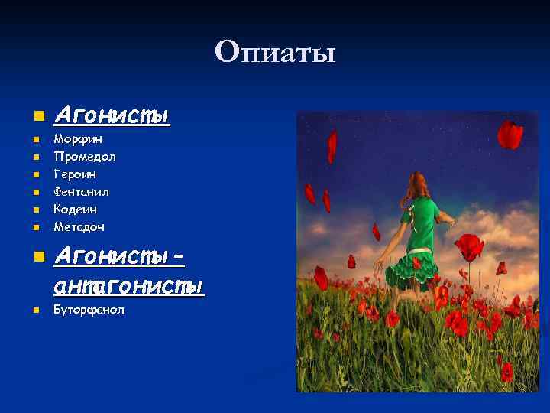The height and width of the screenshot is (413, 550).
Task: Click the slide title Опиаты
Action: click(x=275, y=53)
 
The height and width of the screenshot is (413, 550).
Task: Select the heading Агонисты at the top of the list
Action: click(x=112, y=115)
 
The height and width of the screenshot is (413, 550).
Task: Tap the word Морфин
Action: click(x=78, y=139)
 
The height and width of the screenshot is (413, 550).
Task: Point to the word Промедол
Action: click(x=85, y=157)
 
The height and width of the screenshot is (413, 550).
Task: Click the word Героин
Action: click(x=75, y=174)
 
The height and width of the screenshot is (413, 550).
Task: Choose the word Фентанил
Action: click(x=80, y=192)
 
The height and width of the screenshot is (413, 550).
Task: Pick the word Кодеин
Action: click(x=76, y=210)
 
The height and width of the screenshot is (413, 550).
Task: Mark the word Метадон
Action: click(x=79, y=227)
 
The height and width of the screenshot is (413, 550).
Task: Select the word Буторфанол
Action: click(x=89, y=310)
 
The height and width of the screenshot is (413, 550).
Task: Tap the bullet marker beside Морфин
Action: click(x=34, y=140)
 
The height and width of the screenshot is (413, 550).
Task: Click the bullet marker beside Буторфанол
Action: click(x=34, y=311)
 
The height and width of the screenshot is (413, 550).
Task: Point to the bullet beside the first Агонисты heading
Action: click(x=34, y=117)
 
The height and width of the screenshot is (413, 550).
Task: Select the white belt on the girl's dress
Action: click(x=419, y=251)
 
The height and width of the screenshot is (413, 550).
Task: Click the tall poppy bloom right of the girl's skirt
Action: click(x=470, y=246)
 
